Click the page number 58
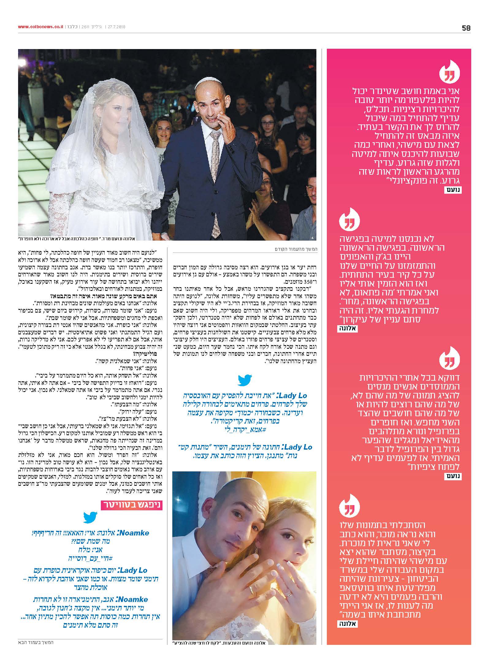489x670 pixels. [466, 28]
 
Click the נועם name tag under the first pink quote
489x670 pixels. [453, 190]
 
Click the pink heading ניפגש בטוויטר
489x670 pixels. [132, 505]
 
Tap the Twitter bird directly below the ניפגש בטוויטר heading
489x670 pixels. [90, 518]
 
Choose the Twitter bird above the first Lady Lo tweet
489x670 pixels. [245, 380]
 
